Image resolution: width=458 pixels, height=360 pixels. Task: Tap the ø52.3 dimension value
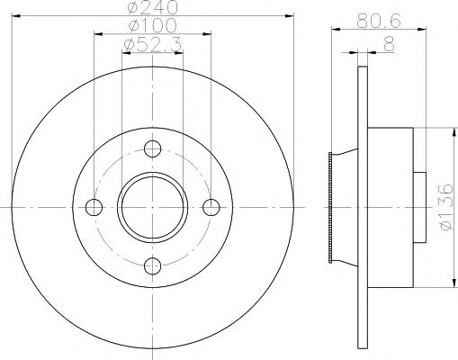[152, 43]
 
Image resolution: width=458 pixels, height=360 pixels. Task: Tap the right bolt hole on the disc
[211, 206]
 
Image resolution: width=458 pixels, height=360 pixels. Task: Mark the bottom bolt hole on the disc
[153, 265]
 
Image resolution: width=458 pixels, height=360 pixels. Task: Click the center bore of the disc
[153, 206]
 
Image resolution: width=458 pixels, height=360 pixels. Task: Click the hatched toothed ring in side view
[331, 206]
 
